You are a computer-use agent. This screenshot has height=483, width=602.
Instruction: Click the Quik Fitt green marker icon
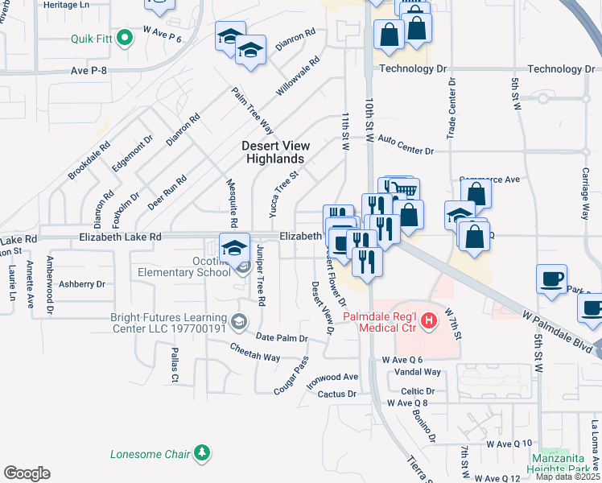pyautogui.click(x=124, y=38)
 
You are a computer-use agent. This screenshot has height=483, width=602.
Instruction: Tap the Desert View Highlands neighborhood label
pyautogui.click(x=274, y=152)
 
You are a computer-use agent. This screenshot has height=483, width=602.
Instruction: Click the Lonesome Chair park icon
pyautogui.click(x=204, y=453)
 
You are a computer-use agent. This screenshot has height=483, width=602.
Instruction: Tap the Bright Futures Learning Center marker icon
pyautogui.click(x=238, y=323)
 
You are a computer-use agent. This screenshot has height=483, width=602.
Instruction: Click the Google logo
pyautogui.click(x=27, y=473)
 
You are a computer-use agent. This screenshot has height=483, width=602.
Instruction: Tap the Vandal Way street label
pyautogui.click(x=423, y=373)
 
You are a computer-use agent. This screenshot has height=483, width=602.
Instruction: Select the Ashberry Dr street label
pyautogui.click(x=83, y=284)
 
